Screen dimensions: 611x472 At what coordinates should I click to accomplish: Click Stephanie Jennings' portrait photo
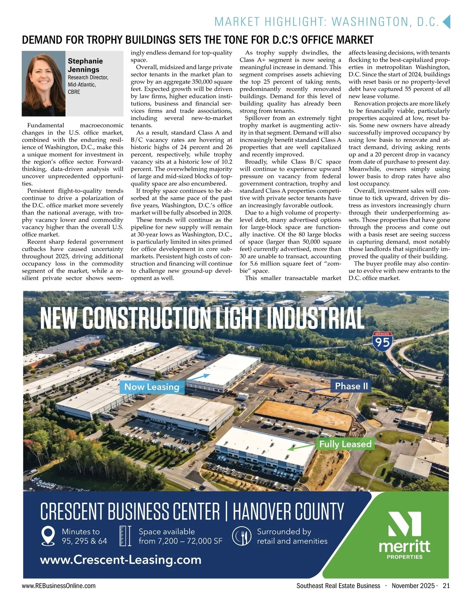pyautogui.click(x=44, y=84)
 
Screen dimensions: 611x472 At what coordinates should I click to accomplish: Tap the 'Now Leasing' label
pyautogui.click(x=151, y=387)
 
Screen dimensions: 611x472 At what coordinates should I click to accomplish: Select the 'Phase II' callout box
pyautogui.click(x=351, y=386)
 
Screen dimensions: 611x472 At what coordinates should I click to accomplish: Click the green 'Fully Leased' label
pyautogui.click(x=345, y=444)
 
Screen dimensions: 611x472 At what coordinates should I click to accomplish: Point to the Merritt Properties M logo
pyautogui.click(x=404, y=524)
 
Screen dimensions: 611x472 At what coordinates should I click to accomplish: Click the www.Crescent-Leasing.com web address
pyautogui.click(x=121, y=560)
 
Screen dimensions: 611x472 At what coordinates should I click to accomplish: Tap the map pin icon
pyautogui.click(x=48, y=536)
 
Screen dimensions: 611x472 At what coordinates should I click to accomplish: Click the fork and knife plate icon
pyautogui.click(x=242, y=536)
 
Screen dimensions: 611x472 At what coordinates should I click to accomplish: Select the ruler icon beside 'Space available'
pyautogui.click(x=125, y=536)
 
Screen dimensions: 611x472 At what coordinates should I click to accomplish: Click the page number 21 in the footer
pyautogui.click(x=446, y=586)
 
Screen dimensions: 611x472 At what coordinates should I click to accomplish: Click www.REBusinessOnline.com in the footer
pyautogui.click(x=59, y=586)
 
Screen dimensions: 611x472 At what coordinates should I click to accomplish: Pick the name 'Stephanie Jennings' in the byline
pyautogui.click(x=85, y=65)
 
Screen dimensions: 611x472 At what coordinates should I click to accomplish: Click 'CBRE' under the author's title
pyautogui.click(x=74, y=92)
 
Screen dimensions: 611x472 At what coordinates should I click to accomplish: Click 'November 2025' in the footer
pyautogui.click(x=413, y=586)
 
